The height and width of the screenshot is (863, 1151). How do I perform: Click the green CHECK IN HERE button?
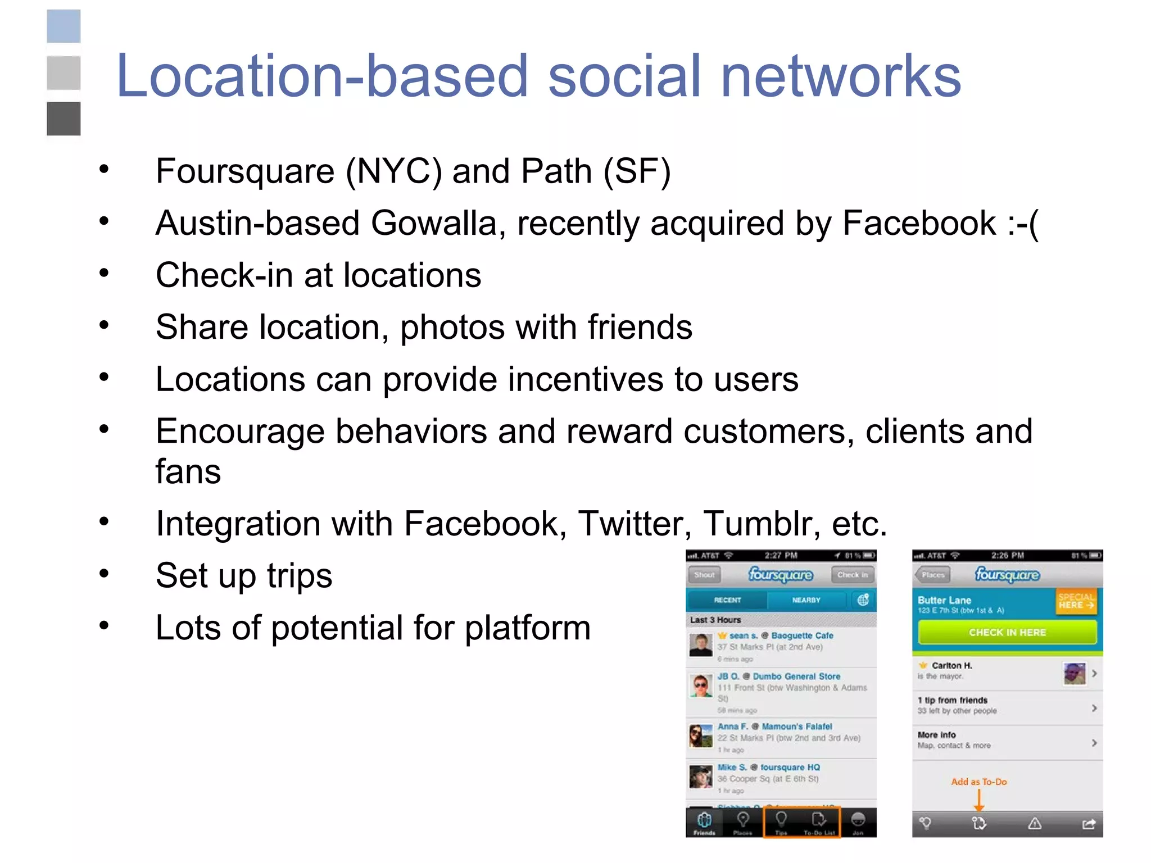[x=1007, y=633]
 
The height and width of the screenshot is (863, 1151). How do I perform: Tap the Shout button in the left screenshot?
[x=704, y=575]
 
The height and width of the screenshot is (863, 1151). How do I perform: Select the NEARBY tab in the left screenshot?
[x=806, y=600]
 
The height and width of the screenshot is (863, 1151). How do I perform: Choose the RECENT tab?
[x=727, y=600]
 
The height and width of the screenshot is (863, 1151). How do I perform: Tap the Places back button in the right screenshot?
[x=932, y=575]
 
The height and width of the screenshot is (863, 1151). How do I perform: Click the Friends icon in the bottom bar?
[x=704, y=823]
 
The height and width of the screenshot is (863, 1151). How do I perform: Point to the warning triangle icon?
[x=1035, y=824]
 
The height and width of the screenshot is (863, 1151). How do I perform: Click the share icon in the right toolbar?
[x=1089, y=824]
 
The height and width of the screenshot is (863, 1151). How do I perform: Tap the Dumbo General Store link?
[x=796, y=676]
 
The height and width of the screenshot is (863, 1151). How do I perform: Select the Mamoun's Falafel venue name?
[x=797, y=726]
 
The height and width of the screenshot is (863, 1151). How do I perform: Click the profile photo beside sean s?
[x=701, y=645]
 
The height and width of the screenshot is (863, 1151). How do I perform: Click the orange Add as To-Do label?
[x=978, y=782]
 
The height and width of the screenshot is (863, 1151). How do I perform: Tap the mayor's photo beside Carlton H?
[x=1074, y=673]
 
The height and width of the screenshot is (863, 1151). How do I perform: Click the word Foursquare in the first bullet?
[x=245, y=171]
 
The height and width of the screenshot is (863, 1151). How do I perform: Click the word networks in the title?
[x=840, y=76]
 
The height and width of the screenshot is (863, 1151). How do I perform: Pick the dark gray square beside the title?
[x=64, y=119]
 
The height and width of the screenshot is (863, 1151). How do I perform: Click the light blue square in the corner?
[x=64, y=26]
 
